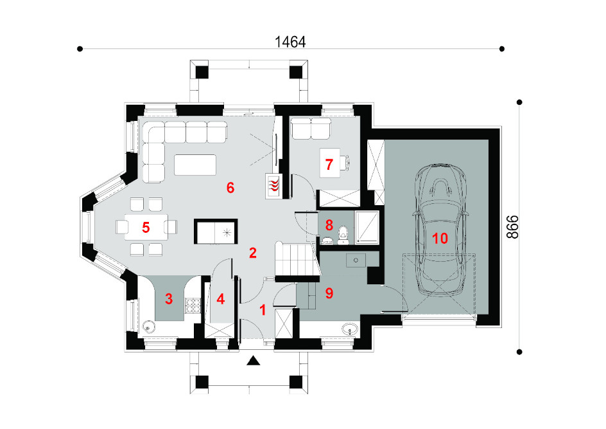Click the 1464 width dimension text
(x=290, y=42)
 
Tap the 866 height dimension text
(x=512, y=227)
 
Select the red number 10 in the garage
(x=440, y=239)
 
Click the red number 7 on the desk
(x=329, y=165)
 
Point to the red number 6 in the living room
(x=230, y=188)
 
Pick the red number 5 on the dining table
(x=146, y=227)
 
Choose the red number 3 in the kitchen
(x=169, y=299)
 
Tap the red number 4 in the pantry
(x=221, y=299)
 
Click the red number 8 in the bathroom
(x=329, y=225)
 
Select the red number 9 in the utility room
(x=329, y=293)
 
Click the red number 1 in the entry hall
(x=263, y=310)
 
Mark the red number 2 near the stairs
(x=253, y=253)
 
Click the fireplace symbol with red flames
(x=273, y=186)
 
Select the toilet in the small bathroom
(x=343, y=235)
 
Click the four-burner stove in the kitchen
(x=193, y=306)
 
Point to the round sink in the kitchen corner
(x=148, y=327)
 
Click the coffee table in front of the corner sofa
(x=195, y=165)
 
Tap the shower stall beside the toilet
(x=367, y=228)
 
